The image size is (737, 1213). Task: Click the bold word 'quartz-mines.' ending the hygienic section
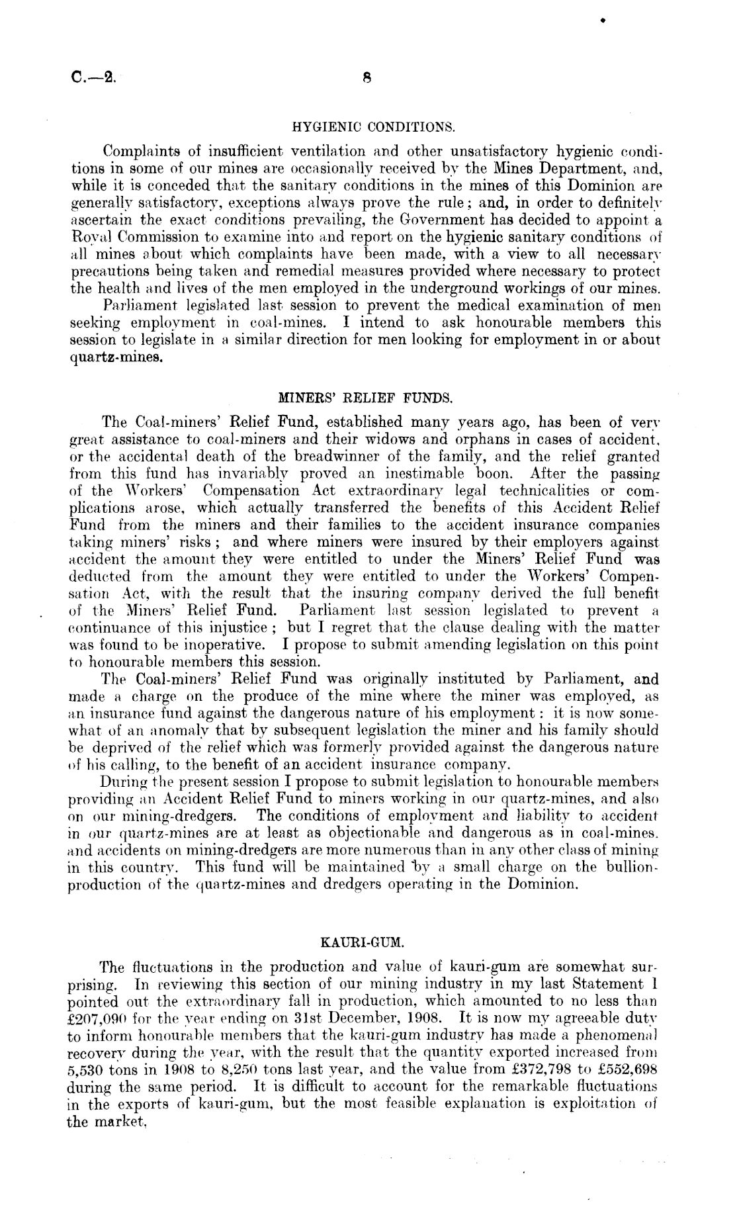click(115, 361)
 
